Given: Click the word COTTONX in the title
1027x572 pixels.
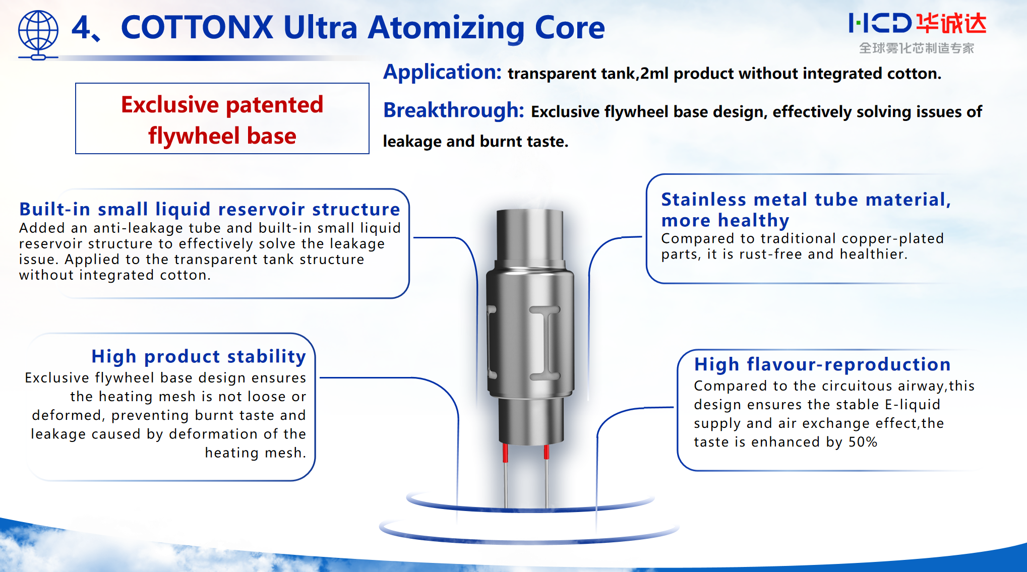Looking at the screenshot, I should pos(197,27).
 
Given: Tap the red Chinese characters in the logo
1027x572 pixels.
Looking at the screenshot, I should pos(951,24).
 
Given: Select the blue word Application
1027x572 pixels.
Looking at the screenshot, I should pos(442,72).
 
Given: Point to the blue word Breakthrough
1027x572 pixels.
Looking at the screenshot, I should pos(454,110).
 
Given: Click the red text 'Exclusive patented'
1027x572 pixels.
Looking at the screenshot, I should pos(222,104).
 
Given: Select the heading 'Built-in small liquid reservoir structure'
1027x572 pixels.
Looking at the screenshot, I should pos(209,209).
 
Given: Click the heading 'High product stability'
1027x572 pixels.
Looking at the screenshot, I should pos(199,356).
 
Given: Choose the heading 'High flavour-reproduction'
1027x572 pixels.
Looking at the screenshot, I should pos(822,364).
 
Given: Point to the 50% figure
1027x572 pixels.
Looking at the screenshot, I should pos(863,442).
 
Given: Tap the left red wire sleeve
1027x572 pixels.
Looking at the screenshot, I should pos(505,453).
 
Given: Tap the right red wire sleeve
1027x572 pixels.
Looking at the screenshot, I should pos(546,452).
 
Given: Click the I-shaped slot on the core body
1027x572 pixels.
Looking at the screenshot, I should pos(545,342).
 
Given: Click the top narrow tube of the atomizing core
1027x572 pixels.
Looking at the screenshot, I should pos(529,234).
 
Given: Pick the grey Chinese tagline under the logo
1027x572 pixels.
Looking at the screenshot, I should pos(917,48).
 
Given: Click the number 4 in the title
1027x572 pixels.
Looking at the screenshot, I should pos(81,27).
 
